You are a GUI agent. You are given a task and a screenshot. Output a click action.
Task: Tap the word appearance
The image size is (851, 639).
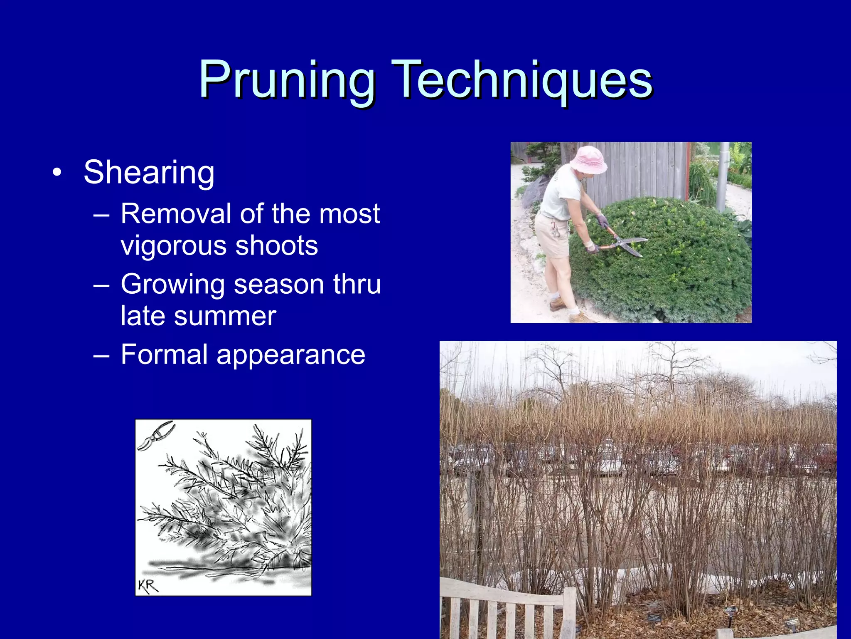(290, 355)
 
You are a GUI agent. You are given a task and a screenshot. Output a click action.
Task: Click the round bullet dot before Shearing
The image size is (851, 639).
(57, 173)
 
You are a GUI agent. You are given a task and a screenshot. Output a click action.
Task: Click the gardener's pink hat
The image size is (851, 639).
(588, 160)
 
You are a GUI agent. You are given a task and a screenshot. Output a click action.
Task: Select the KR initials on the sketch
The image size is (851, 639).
(148, 586)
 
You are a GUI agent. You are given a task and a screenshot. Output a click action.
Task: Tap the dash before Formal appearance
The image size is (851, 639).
(101, 356)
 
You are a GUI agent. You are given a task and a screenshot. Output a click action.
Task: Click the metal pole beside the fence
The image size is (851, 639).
(723, 175)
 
